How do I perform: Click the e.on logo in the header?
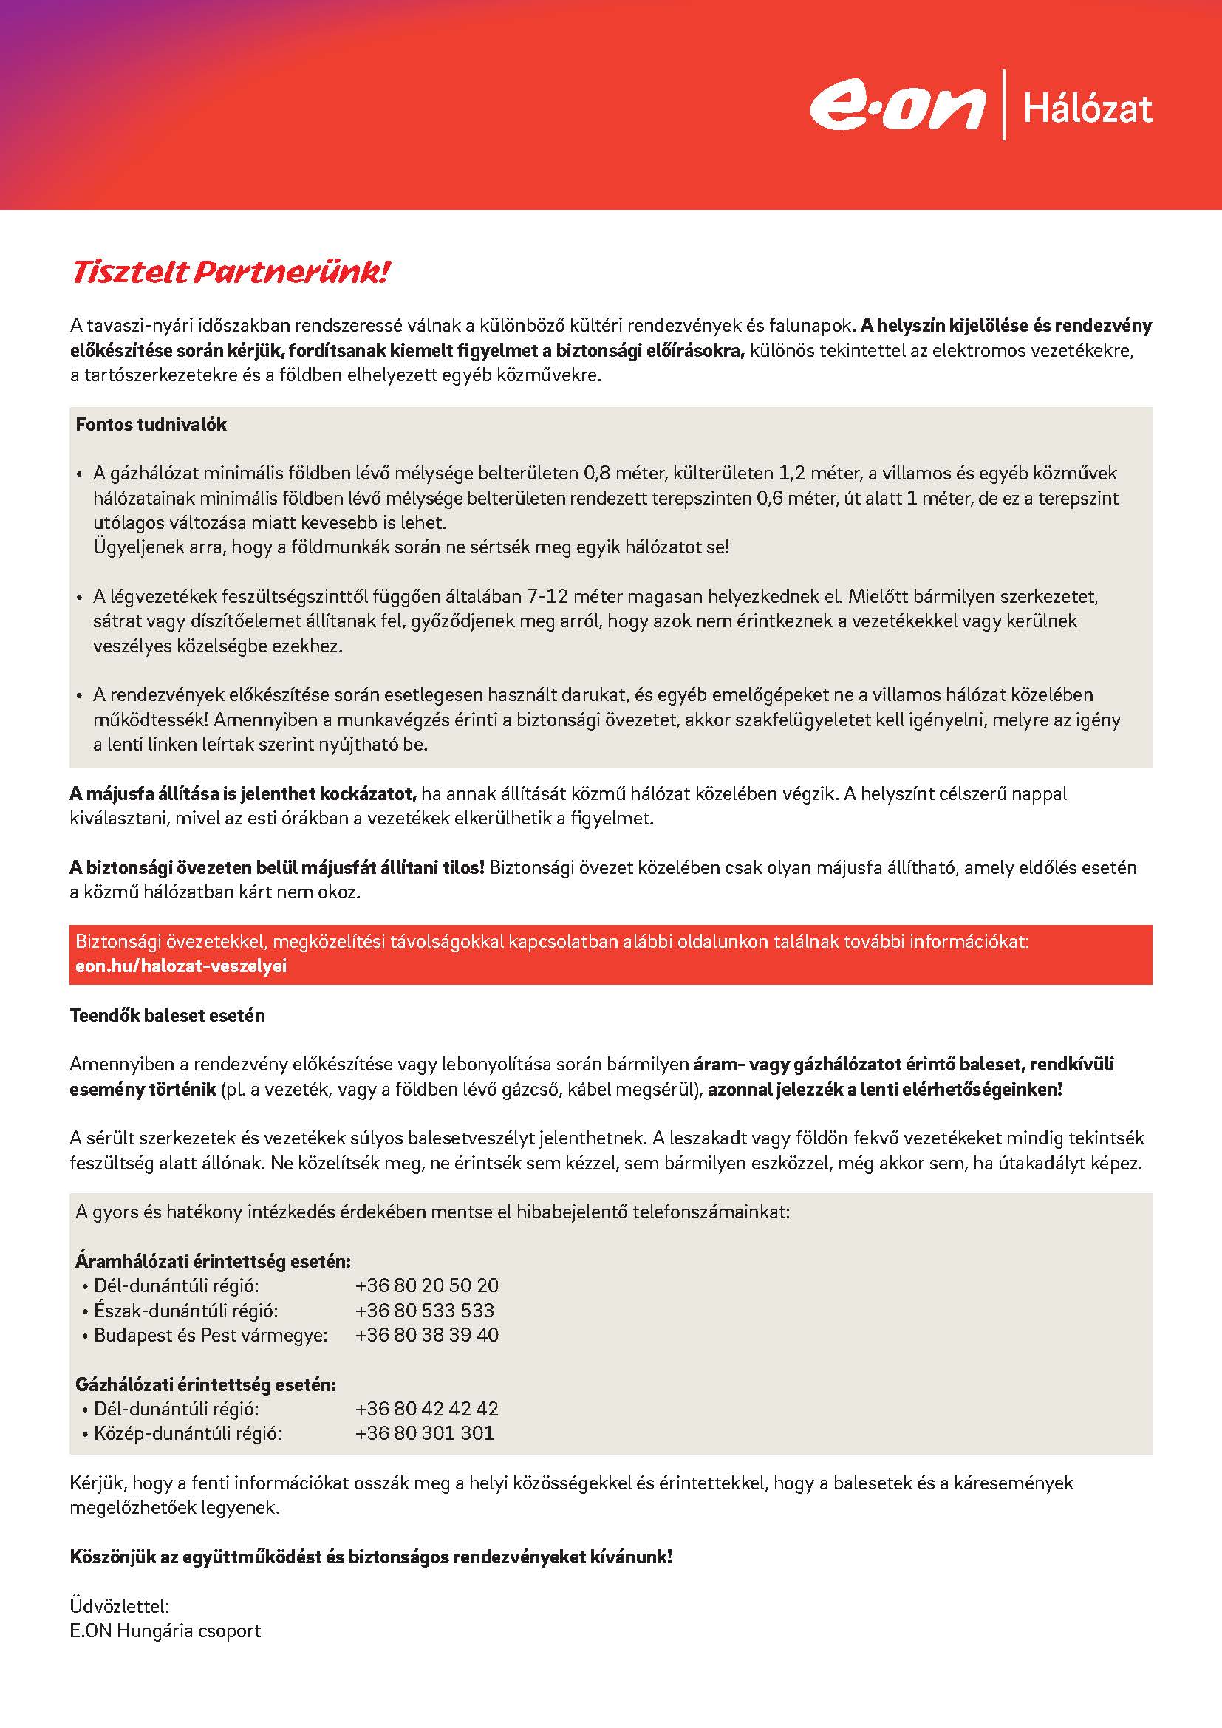898,108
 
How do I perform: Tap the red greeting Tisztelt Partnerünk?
230,273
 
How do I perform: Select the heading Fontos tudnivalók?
151,425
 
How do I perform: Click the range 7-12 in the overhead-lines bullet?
547,597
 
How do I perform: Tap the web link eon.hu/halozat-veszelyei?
180,966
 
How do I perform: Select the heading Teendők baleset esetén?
167,1015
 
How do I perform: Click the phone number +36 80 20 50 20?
426,1285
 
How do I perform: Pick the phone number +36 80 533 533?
424,1311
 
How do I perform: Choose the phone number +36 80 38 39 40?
426,1335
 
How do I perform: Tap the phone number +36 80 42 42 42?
426,1409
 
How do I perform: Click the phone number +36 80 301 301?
424,1433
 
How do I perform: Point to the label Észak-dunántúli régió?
186,1311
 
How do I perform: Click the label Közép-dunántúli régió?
188,1433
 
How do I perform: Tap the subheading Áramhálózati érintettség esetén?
213,1261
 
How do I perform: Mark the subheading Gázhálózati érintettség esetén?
205,1384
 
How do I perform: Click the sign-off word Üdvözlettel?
120,1606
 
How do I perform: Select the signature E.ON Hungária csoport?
165,1631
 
